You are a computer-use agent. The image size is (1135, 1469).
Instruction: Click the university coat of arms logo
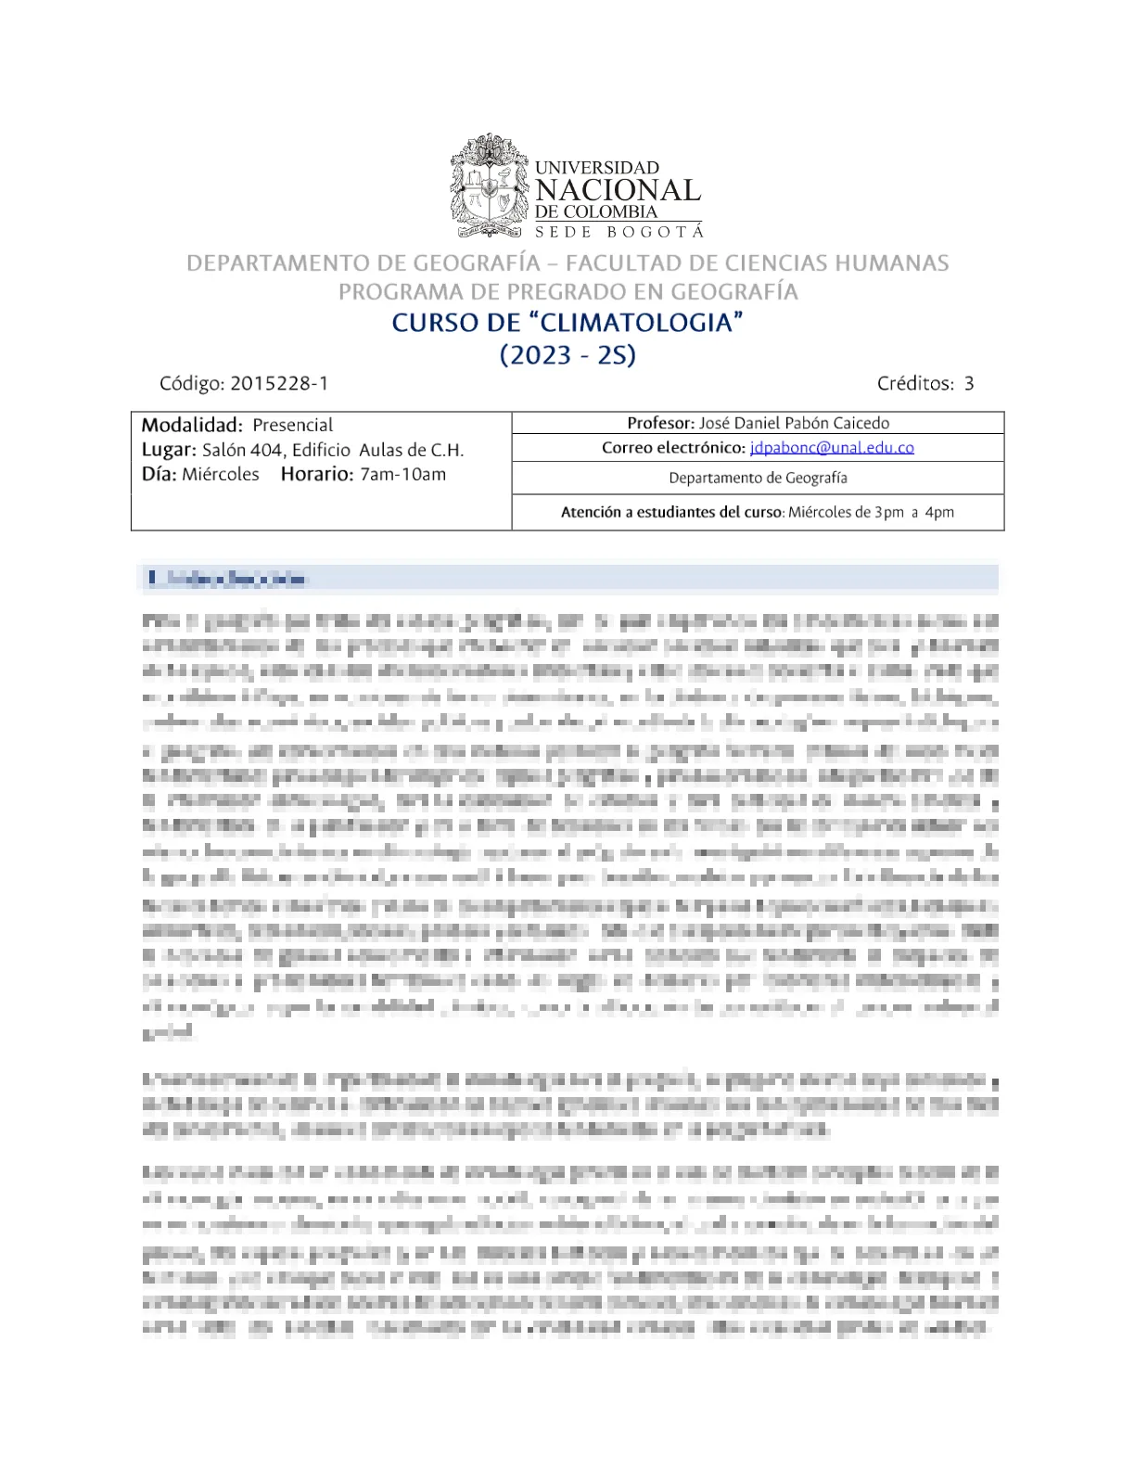point(489,185)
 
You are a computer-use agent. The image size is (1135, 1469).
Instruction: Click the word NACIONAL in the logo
point(618,190)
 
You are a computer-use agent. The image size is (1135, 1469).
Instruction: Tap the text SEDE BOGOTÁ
point(619,231)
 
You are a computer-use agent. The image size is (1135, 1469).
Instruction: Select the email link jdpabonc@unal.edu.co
point(832,448)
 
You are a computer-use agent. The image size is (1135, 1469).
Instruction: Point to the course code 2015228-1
point(279,383)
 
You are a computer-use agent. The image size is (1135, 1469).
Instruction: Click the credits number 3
point(969,383)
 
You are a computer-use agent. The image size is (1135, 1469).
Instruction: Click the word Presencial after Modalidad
point(293,426)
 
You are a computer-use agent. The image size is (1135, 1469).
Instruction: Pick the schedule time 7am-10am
point(403,475)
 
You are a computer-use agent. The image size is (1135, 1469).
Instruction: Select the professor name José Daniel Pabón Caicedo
point(794,423)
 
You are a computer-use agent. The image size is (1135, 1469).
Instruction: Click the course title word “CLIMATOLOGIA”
point(639,323)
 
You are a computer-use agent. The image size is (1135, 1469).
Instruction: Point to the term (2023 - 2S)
point(567,355)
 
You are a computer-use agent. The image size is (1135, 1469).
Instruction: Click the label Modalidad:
point(192,426)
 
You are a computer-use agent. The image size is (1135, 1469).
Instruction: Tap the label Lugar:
point(169,451)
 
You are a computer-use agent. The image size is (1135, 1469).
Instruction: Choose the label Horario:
point(317,475)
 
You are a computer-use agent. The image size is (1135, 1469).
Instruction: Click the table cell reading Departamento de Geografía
point(758,478)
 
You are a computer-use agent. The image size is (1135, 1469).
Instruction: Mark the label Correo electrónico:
point(673,448)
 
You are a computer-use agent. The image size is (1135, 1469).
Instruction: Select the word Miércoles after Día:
point(221,475)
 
